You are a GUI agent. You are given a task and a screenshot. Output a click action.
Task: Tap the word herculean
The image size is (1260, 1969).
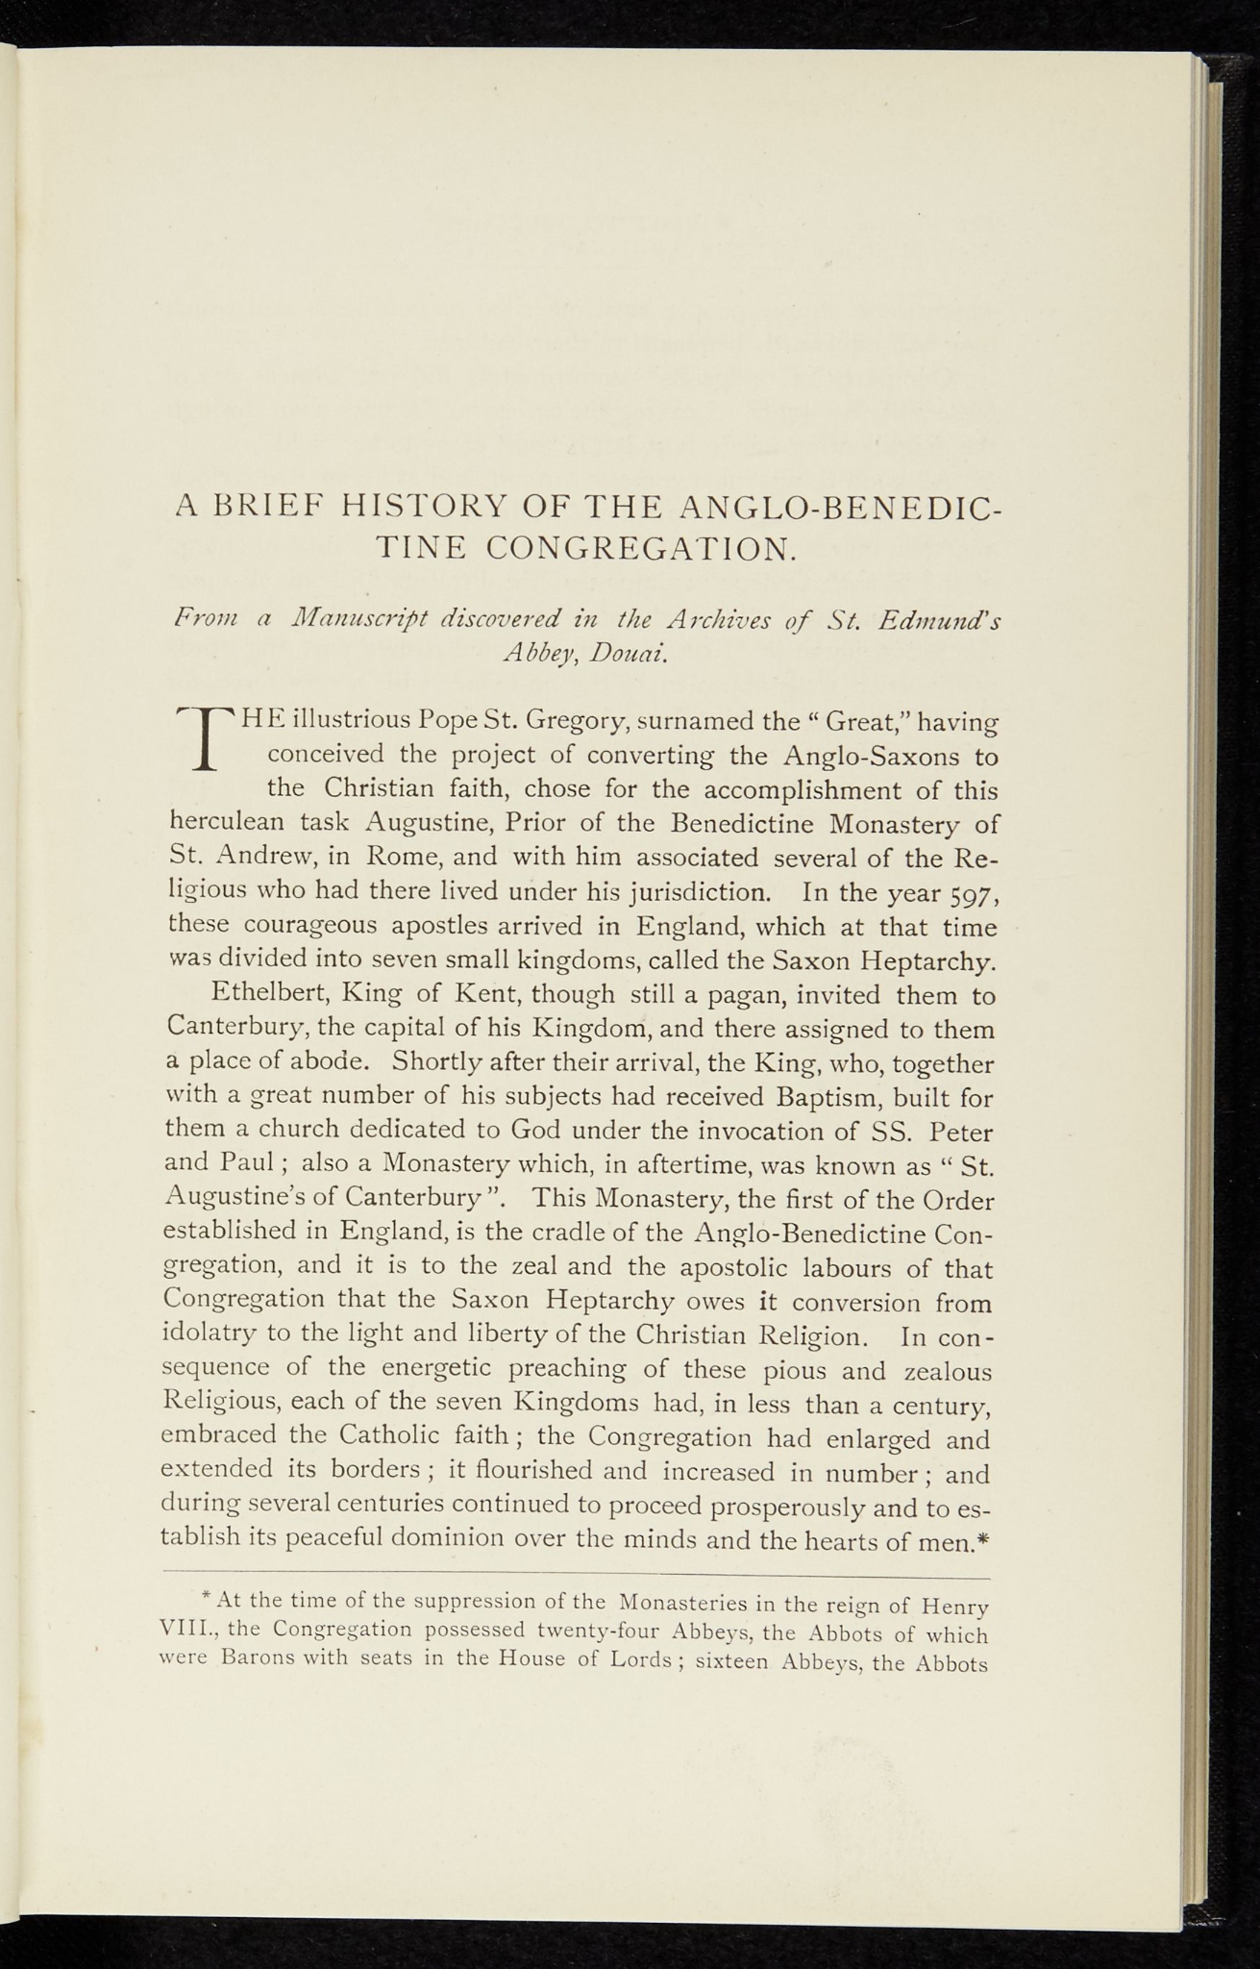pos(226,824)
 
